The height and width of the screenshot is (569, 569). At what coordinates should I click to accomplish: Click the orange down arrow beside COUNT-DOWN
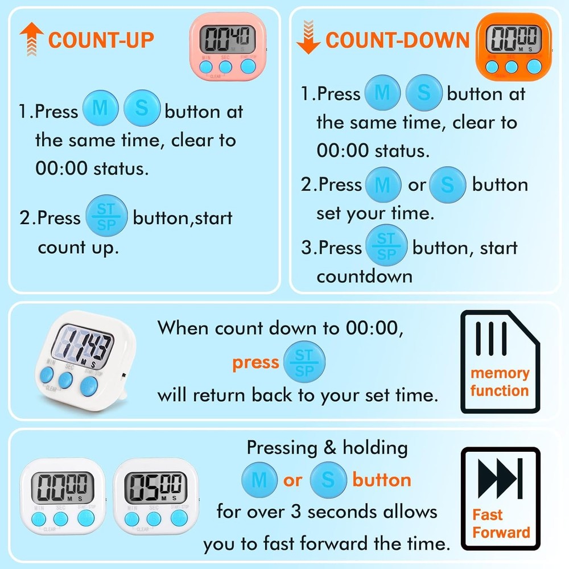308,39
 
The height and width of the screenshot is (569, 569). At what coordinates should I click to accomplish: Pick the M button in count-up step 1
101,109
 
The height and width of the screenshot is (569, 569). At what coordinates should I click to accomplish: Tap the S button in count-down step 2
448,185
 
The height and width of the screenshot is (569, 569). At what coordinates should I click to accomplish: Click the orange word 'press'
255,362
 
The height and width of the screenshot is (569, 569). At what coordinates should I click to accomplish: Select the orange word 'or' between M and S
292,480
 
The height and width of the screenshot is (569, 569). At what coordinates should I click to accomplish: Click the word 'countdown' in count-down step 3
364,277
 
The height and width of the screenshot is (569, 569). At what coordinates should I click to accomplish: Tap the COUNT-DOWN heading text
398,40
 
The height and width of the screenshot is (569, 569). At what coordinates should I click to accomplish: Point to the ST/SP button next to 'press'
304,362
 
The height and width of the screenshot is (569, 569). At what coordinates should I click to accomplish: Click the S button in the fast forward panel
328,480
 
